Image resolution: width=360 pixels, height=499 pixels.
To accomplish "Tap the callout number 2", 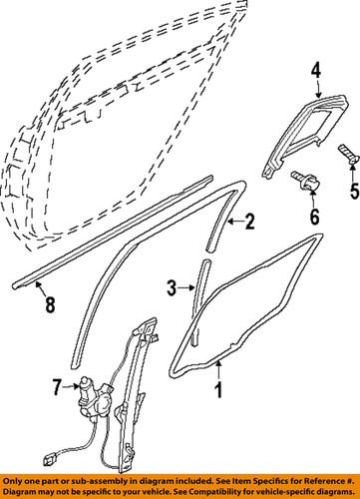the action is tap(250, 222).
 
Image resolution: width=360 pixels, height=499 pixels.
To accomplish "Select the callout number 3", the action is tap(170, 288).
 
